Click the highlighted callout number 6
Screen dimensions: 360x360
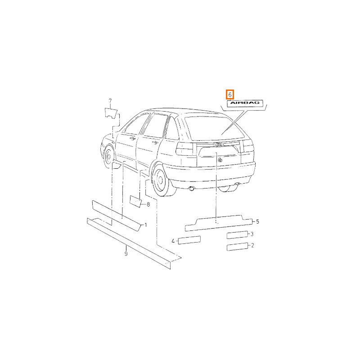(x=230, y=94)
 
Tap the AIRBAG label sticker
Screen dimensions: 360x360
(x=245, y=103)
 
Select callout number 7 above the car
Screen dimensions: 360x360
(x=110, y=101)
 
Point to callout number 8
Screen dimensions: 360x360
(x=148, y=204)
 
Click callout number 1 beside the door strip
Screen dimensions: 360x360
(x=145, y=225)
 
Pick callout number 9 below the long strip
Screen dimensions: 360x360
(x=126, y=253)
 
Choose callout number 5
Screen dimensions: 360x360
(x=257, y=221)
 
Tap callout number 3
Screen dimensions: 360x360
(x=252, y=234)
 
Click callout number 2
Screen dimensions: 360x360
(x=253, y=245)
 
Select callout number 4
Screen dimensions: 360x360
(x=173, y=241)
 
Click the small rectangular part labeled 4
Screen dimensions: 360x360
(x=189, y=240)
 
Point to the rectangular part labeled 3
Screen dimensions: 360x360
(x=238, y=235)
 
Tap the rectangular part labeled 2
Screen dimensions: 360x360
(x=238, y=247)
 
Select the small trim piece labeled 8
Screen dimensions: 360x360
(x=135, y=201)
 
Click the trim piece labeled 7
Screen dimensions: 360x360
(x=111, y=113)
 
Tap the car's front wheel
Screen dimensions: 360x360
(x=109, y=157)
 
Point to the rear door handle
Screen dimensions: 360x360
(x=155, y=143)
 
